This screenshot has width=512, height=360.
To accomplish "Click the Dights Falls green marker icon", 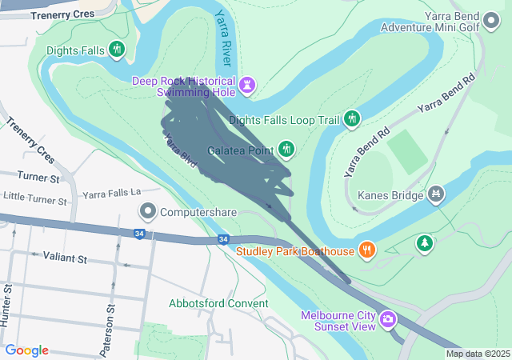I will pos(118,50).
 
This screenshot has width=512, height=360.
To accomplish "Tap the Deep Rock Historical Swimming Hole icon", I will pos(248,84).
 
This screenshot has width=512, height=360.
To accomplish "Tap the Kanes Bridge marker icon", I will pos(436,194).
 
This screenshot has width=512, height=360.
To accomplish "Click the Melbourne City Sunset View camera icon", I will pos(388,320).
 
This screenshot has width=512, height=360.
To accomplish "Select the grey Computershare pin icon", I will pos(148,213).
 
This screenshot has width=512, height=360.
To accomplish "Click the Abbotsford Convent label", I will pos(218,303).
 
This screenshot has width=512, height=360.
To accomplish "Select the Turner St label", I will pos(38,178).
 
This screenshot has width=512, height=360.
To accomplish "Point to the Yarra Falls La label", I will pos(111,193).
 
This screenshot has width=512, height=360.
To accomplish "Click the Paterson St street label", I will pos(109,318).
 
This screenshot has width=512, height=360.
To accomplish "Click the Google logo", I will pos(26,350).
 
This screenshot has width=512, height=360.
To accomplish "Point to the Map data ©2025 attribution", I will pos(478,354).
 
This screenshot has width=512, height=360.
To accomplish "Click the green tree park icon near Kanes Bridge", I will pos(425,242).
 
